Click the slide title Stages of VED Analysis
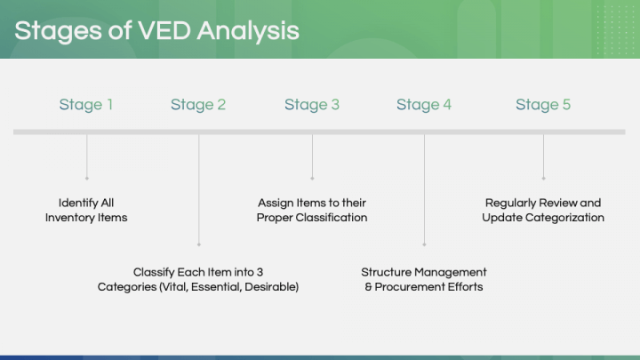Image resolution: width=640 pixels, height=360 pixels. pyautogui.click(x=156, y=31)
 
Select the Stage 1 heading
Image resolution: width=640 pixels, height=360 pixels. pyautogui.click(x=86, y=105)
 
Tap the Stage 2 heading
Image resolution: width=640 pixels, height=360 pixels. pyautogui.click(x=198, y=105)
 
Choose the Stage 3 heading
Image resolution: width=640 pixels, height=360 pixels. pyautogui.click(x=312, y=105)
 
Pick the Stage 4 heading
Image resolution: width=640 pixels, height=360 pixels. pyautogui.click(x=424, y=105)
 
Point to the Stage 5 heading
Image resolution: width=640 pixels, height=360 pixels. pyautogui.click(x=543, y=105)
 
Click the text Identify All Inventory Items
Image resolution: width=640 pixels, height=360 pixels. pyautogui.click(x=86, y=210)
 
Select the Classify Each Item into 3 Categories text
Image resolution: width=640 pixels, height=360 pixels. pyautogui.click(x=198, y=279)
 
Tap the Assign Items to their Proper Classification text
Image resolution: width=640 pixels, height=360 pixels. pyautogui.click(x=312, y=210)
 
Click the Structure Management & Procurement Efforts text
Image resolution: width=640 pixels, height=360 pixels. pyautogui.click(x=424, y=279)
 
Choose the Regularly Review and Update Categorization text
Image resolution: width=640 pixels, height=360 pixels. pyautogui.click(x=543, y=210)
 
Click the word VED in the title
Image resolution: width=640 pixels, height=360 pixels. pyautogui.click(x=163, y=31)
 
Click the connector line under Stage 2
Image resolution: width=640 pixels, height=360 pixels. pyautogui.click(x=198, y=187)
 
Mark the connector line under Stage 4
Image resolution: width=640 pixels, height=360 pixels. pyautogui.click(x=424, y=187)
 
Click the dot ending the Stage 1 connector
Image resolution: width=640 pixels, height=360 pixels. pyautogui.click(x=86, y=179)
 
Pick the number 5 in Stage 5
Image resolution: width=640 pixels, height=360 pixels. pyautogui.click(x=566, y=105)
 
